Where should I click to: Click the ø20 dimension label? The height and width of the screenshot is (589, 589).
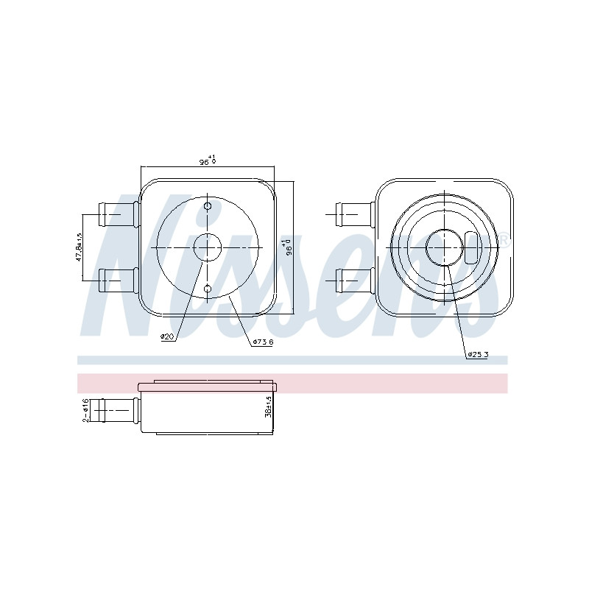168,336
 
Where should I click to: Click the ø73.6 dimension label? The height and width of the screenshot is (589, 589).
263,342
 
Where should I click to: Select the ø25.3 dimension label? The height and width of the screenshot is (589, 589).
478,354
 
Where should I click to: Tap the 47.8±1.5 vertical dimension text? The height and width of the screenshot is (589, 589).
79,247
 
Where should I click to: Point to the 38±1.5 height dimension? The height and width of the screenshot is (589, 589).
268,407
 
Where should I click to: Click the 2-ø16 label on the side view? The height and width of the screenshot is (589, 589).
85,410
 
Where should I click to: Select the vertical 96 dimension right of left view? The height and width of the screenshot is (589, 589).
288,247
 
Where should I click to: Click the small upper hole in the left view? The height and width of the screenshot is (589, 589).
208,206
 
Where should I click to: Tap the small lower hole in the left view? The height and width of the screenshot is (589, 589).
208,289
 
